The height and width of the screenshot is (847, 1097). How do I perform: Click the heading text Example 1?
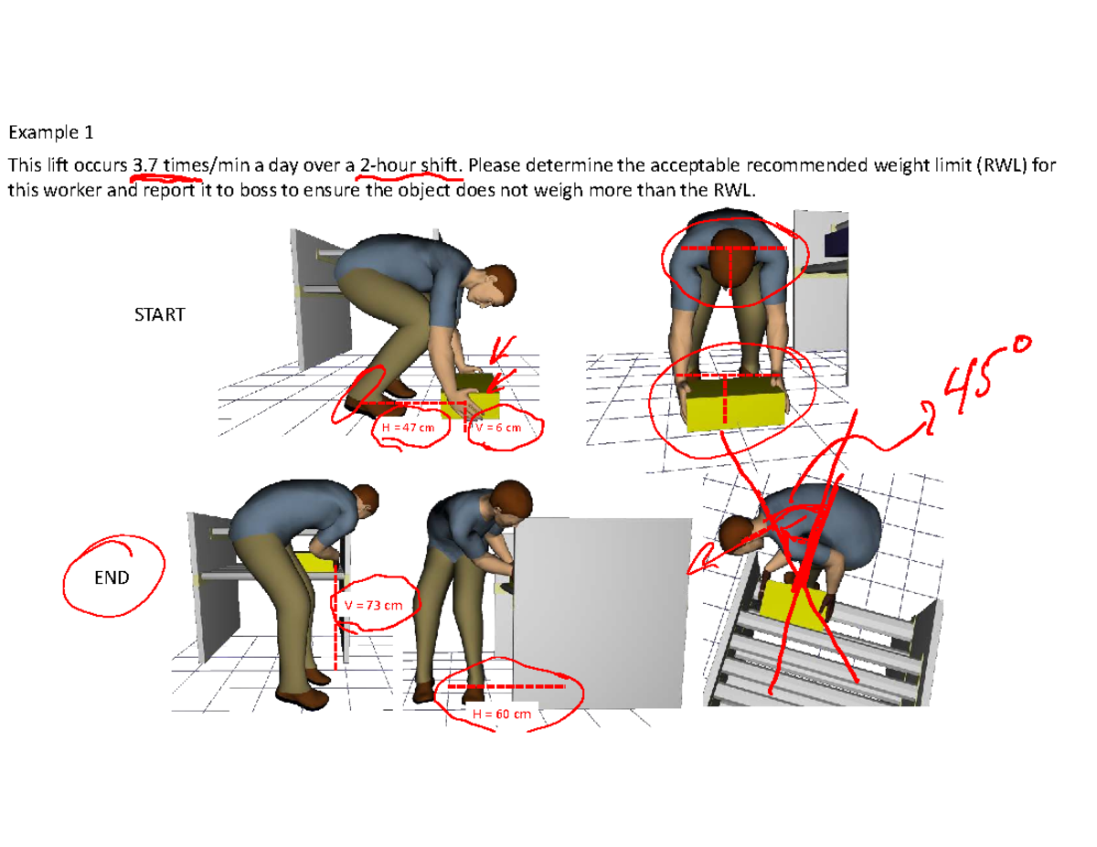[50, 133]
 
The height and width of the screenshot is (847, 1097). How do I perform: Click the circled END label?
[112, 577]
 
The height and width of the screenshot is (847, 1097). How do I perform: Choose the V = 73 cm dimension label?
[373, 605]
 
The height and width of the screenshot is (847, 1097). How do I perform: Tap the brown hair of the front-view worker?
[734, 260]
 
